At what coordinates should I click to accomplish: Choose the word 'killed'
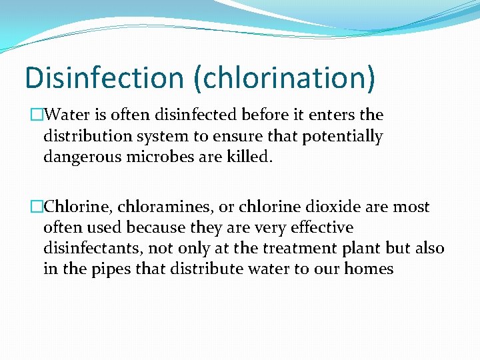pyautogui.click(x=252, y=157)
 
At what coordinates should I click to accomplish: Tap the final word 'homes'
pyautogui.click(x=371, y=269)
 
